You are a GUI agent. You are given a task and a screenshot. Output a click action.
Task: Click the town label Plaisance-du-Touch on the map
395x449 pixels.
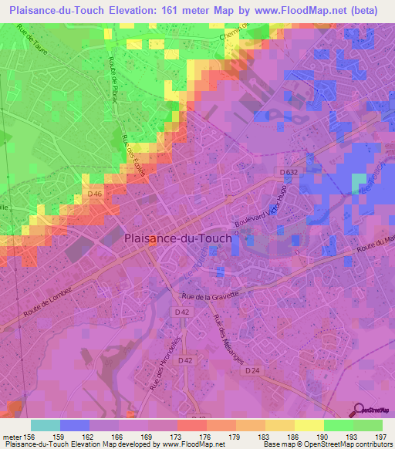pyautogui.click(x=177, y=238)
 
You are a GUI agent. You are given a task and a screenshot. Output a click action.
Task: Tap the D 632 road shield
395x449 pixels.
pyautogui.click(x=289, y=172)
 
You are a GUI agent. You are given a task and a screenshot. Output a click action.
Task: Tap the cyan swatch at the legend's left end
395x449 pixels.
pyautogui.click(x=45, y=425)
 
